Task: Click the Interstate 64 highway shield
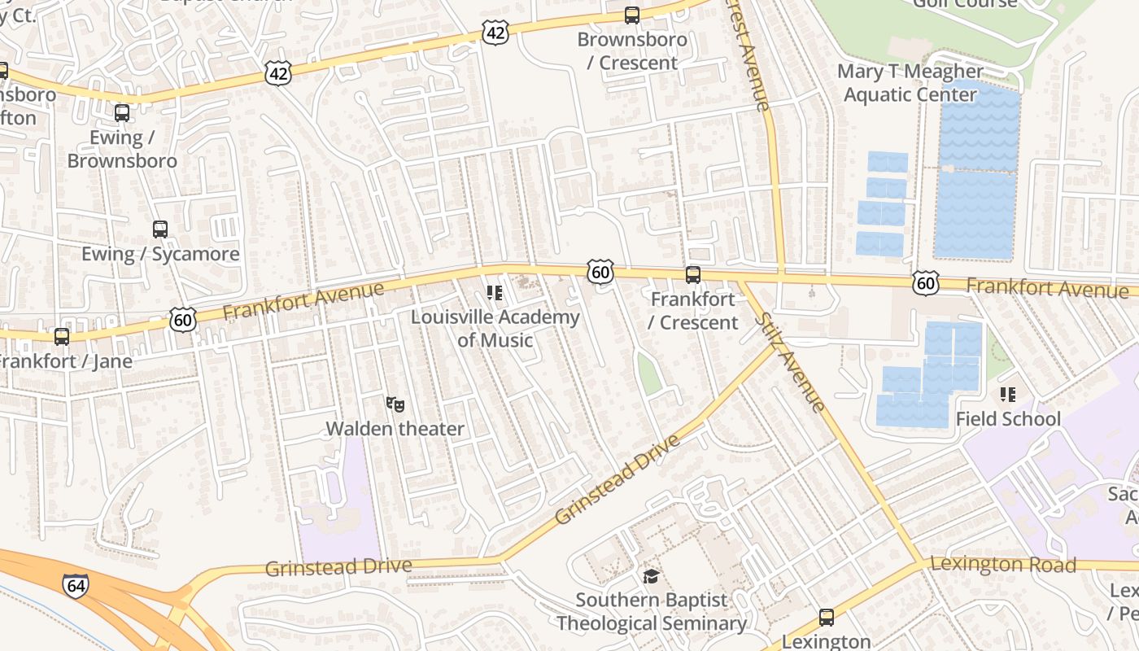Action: pos(75,586)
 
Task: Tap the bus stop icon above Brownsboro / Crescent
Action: pos(631,15)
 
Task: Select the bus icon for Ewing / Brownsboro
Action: pos(122,113)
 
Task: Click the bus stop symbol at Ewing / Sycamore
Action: pos(160,229)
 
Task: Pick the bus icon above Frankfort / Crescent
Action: pos(692,274)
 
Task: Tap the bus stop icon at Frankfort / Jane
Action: pos(62,336)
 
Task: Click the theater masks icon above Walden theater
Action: pos(395,404)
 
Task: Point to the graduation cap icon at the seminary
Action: pos(651,576)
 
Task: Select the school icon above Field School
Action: pos(1008,395)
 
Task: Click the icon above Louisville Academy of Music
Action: pos(495,293)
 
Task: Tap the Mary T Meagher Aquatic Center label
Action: pos(910,83)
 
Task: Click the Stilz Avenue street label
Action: pos(790,361)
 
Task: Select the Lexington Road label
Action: pos(1002,563)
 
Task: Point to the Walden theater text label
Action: pos(395,429)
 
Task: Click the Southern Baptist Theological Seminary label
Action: pos(651,612)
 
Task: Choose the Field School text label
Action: pos(1008,419)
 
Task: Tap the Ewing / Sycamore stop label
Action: pos(160,254)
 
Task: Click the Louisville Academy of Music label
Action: pos(495,328)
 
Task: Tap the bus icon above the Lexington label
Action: pos(827,617)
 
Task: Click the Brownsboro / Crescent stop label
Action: pos(631,50)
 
